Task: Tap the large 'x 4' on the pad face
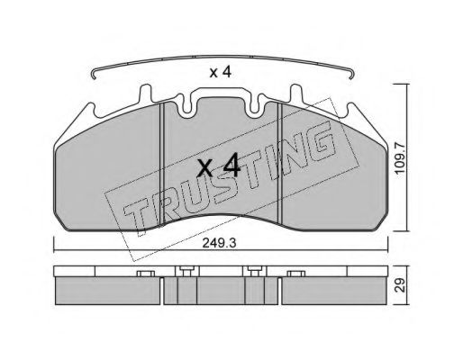[x=218, y=167]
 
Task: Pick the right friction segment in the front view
[x=333, y=180]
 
